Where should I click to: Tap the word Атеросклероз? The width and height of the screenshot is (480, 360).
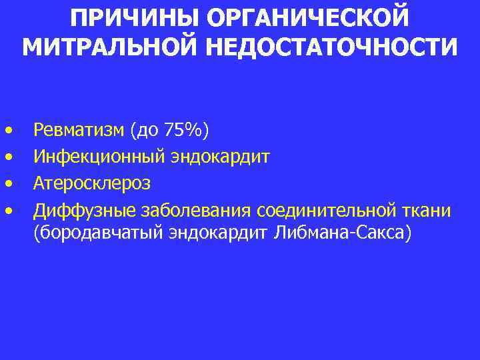point(93,183)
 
